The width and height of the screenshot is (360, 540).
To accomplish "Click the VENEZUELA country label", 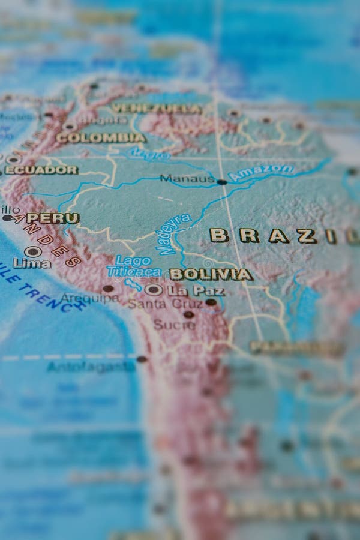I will (157, 109).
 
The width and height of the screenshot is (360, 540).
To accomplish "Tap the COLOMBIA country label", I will (101, 137).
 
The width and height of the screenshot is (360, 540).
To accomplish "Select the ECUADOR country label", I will (41, 170).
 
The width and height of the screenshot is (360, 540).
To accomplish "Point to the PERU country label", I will (53, 218).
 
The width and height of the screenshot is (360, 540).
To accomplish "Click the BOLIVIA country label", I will (211, 274).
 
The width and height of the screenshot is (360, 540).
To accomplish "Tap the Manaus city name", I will (187, 179).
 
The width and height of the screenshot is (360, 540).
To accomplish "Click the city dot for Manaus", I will (221, 181).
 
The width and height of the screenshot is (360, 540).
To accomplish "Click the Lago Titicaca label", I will (134, 266).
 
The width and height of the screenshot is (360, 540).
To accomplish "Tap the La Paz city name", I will (196, 291).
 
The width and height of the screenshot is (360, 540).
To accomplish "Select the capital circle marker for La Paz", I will (154, 290).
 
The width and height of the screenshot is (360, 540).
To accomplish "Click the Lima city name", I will (32, 263).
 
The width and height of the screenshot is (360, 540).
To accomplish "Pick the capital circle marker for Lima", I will (32, 251).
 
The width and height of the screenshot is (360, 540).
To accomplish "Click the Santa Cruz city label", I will (157, 304).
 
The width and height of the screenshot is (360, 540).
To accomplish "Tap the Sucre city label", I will (174, 325).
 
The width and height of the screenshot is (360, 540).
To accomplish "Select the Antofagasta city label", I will (91, 366).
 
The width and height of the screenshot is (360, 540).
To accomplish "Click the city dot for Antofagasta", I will (142, 359).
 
